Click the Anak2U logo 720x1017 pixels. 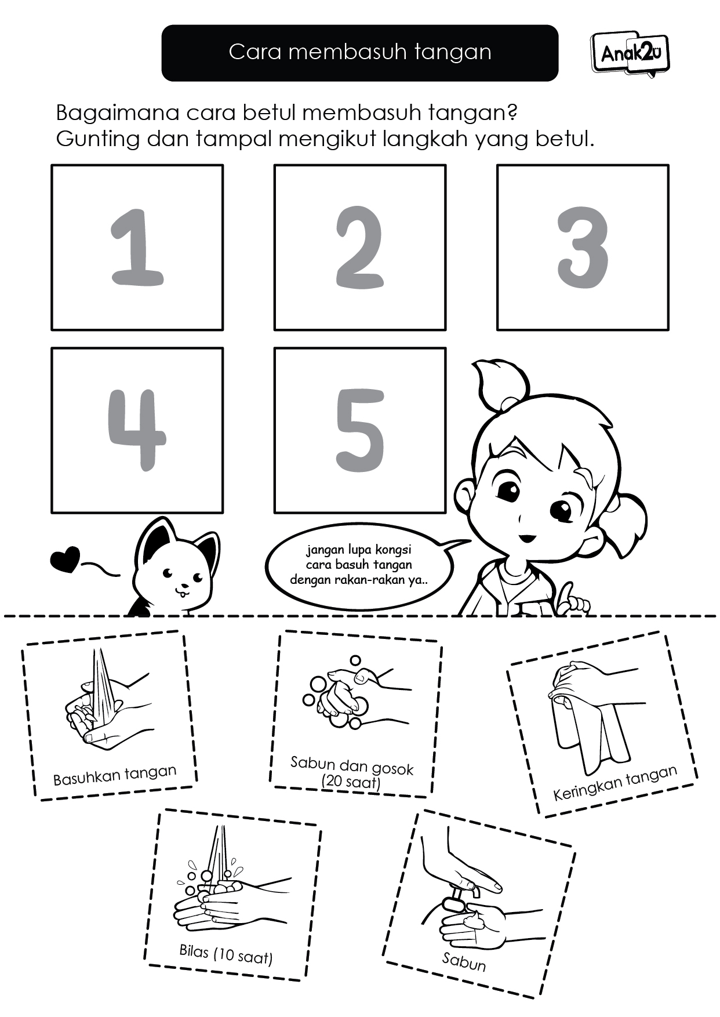point(630,53)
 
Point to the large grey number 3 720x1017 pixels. point(583,248)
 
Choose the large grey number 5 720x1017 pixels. point(360,430)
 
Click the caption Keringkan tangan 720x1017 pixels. point(615,783)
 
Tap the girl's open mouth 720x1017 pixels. point(526,537)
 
